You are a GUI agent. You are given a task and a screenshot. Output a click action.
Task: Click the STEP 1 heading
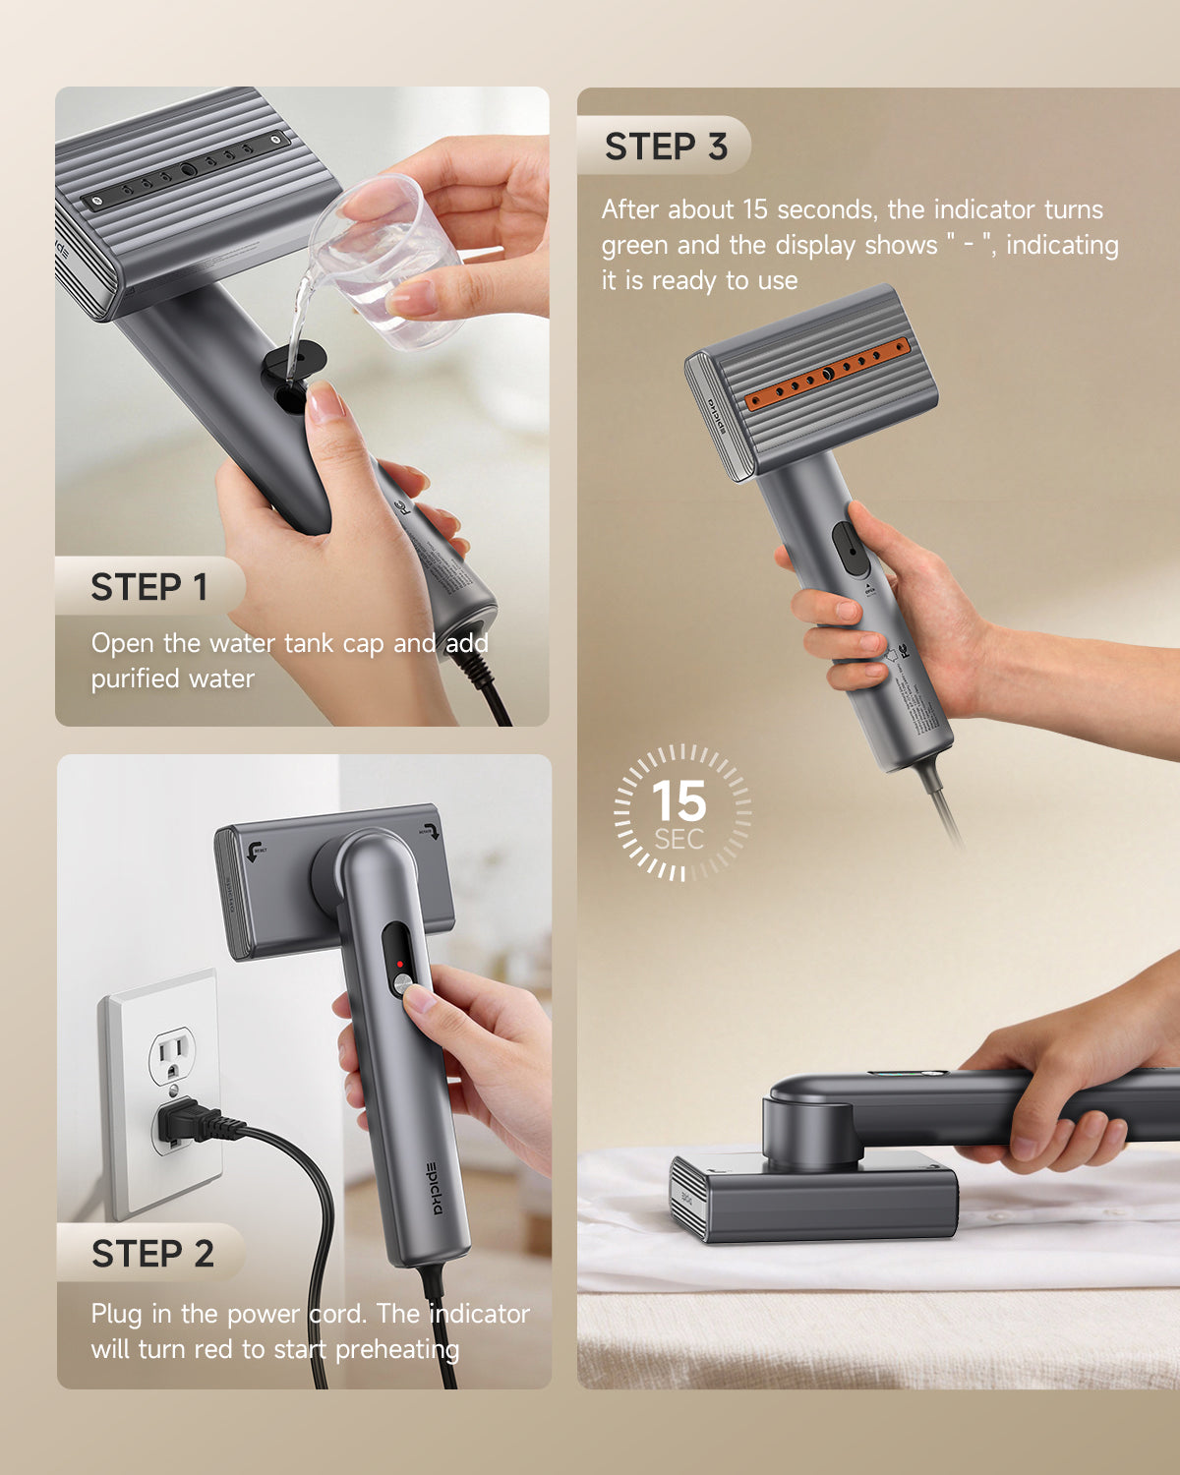coord(149,587)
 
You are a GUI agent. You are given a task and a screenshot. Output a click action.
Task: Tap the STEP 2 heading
coord(152,1254)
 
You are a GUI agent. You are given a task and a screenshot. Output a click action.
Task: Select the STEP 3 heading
coord(666,147)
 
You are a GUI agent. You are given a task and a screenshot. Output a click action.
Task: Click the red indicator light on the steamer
coord(400,964)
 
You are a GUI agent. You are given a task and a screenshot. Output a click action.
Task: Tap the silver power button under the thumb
coord(402,983)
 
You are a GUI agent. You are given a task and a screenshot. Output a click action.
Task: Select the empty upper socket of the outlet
coord(171,1057)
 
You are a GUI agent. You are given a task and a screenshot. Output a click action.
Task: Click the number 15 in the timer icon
coord(678,801)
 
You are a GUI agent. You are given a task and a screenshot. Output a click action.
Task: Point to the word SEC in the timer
coord(679,840)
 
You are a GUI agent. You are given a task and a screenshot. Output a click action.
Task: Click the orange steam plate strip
coord(827,375)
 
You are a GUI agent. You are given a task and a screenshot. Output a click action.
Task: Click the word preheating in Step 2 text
coord(397,1349)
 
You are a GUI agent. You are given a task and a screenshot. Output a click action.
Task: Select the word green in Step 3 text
coord(635,245)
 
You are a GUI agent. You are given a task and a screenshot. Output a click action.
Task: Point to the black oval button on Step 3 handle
coord(851,549)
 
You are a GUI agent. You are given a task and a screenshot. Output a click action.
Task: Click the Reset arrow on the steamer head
coord(257,851)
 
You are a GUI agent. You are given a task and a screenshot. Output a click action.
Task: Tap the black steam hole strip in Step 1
coord(186,171)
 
